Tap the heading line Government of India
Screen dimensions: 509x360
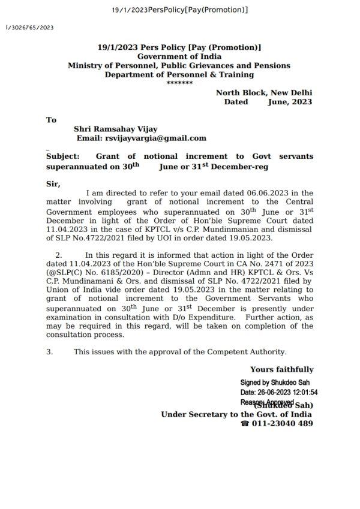click(179, 56)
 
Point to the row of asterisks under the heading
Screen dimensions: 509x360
click(179, 83)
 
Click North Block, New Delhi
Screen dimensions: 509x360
click(264, 93)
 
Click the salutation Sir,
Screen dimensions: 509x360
click(53, 183)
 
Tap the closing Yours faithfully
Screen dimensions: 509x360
click(281, 370)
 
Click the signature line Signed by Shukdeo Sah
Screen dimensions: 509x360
click(275, 382)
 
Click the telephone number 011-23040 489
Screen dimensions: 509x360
click(281, 423)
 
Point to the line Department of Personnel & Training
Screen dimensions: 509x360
click(179, 74)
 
